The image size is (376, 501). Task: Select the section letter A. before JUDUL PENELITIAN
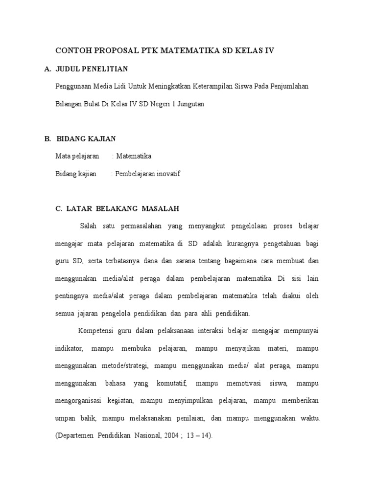(47, 69)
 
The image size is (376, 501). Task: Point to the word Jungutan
(189, 104)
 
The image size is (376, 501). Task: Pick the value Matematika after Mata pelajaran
(134, 156)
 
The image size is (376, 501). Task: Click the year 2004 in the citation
(168, 435)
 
